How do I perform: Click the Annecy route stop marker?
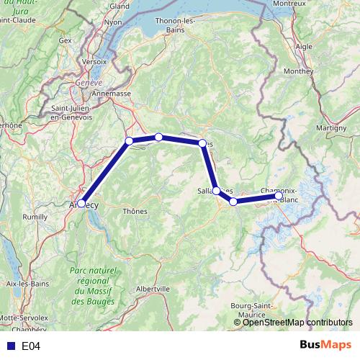pyautogui.click(x=82, y=204)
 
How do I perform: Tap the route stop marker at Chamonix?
pyautogui.click(x=279, y=195)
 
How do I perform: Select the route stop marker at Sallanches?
pyautogui.click(x=216, y=190)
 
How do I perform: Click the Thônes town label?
pyautogui.click(x=135, y=211)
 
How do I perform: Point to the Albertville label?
pyautogui.click(x=153, y=288)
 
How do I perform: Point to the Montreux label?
pyautogui.click(x=310, y=4)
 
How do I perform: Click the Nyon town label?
pyautogui.click(x=114, y=22)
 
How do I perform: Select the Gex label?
pyautogui.click(x=66, y=41)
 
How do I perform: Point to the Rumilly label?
pyautogui.click(x=35, y=216)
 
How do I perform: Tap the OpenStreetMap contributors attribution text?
pyautogui.click(x=293, y=323)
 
